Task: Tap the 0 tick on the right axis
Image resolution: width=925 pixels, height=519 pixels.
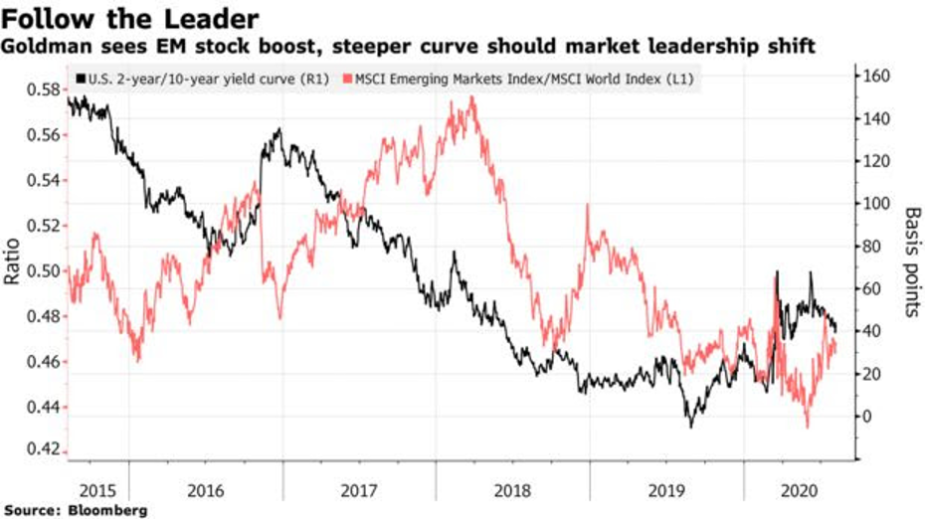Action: click(x=868, y=416)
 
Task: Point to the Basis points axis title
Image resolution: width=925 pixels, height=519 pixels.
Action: click(x=912, y=261)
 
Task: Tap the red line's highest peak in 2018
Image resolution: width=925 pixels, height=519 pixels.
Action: click(x=471, y=97)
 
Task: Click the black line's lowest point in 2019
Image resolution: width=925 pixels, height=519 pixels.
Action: click(x=690, y=426)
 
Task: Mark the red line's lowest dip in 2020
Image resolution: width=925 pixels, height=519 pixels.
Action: click(x=808, y=427)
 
